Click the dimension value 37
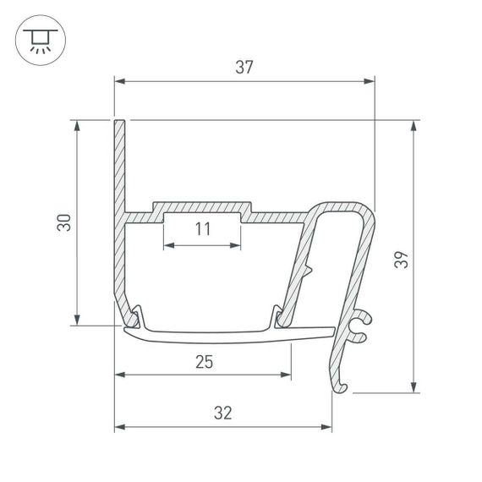tap(244, 68)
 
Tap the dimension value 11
tap(202, 228)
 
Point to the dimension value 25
tap(203, 362)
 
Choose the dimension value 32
tap(223, 414)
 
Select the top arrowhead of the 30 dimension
tap(78, 125)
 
